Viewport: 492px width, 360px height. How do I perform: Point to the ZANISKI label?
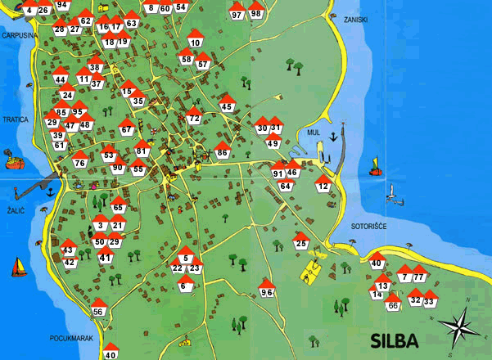356,19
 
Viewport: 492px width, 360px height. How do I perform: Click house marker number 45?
228,104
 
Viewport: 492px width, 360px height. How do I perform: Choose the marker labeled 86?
222,151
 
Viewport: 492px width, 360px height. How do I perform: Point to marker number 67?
126,128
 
